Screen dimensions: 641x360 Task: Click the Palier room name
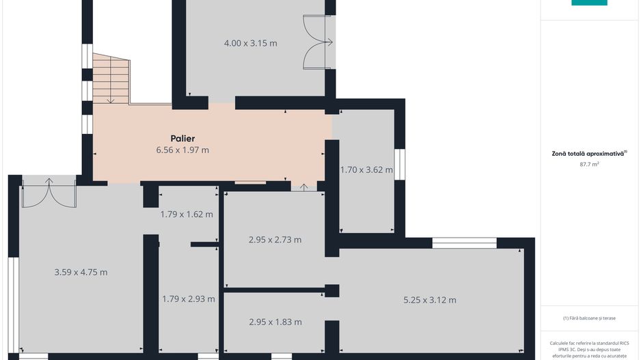coord(182,139)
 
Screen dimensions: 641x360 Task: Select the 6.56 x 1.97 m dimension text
coord(182,150)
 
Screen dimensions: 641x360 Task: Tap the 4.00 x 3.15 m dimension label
coord(251,43)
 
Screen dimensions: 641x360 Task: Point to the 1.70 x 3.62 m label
coord(367,169)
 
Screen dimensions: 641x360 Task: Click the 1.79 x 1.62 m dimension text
coord(187,214)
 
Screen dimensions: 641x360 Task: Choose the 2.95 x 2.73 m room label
coord(275,240)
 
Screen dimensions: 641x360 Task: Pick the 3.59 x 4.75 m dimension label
coord(81,272)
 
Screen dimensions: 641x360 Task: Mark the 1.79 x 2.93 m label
coord(189,299)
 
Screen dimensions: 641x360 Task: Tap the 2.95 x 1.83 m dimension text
coord(275,322)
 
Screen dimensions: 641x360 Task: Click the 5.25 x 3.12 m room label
coord(430,300)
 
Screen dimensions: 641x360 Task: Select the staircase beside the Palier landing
coord(111,79)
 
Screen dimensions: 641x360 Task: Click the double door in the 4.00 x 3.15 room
coord(318,42)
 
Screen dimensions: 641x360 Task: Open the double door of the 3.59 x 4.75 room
coord(49,193)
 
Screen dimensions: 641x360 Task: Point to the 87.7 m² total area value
coord(589,164)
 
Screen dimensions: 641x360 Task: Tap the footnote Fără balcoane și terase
coord(589,318)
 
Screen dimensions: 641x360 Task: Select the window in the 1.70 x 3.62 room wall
coord(399,164)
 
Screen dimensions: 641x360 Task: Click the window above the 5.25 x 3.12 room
coord(465,243)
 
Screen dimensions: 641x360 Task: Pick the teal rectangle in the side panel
coord(589,3)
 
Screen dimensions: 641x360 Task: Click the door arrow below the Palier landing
coord(303,187)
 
